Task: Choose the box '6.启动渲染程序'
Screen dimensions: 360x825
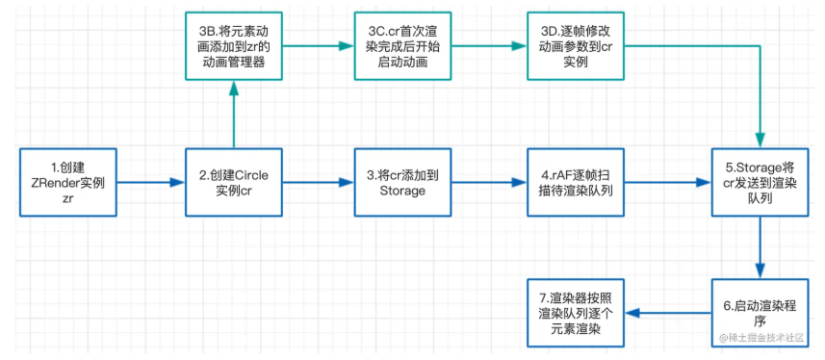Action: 760,312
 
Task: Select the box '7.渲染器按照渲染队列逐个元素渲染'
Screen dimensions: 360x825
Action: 575,312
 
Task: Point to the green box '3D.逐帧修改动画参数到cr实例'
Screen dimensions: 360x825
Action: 575,46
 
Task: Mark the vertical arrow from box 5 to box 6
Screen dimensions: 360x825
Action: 761,246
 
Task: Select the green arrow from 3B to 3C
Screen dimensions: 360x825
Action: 318,46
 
